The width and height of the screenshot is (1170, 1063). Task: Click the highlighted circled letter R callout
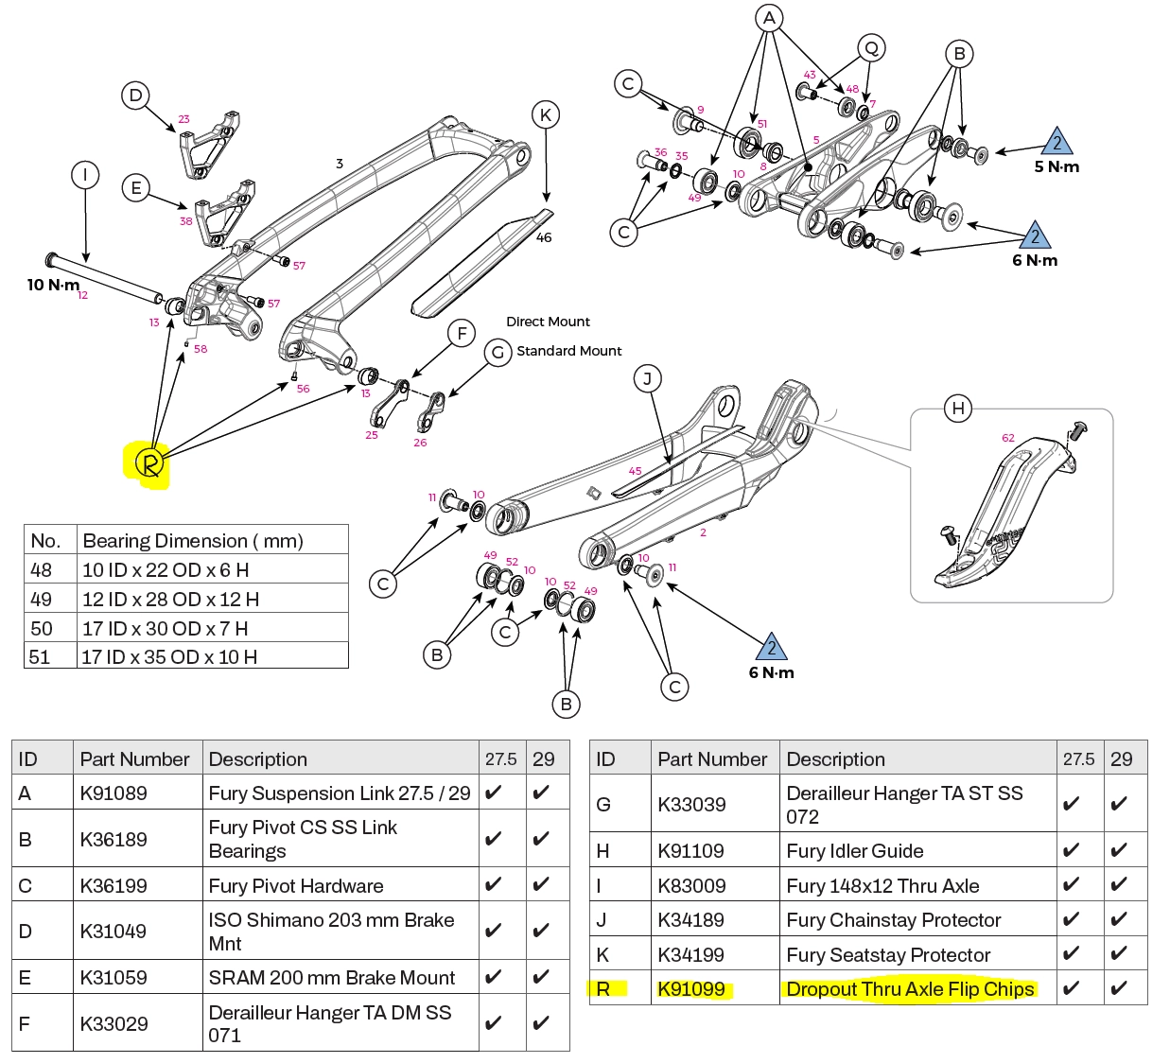(x=149, y=463)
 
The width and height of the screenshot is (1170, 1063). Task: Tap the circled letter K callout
(x=546, y=115)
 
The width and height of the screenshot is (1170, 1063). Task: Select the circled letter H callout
(x=958, y=409)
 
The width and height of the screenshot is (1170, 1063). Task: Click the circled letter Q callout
(x=871, y=48)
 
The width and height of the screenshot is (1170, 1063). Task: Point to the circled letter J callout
(x=648, y=379)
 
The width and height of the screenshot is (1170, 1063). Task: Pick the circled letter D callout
(x=135, y=95)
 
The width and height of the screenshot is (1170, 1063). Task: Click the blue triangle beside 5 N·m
(x=1056, y=142)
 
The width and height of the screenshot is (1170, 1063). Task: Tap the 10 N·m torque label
(x=53, y=285)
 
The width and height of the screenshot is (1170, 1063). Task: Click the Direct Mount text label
(x=548, y=322)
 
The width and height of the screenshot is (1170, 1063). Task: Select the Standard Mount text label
(x=568, y=351)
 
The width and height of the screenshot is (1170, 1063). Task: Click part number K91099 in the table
(x=691, y=989)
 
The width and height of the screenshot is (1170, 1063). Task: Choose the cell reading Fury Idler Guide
(x=854, y=851)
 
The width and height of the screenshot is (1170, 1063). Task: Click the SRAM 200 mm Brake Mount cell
(x=331, y=978)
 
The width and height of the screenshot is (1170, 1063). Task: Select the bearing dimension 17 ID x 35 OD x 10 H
(x=169, y=656)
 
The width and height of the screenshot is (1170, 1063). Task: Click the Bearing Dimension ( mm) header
(x=193, y=541)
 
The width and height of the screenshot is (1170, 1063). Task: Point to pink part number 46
(x=544, y=237)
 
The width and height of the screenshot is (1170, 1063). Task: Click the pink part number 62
(x=1007, y=438)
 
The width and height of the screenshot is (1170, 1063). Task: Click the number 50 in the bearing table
(x=42, y=628)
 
